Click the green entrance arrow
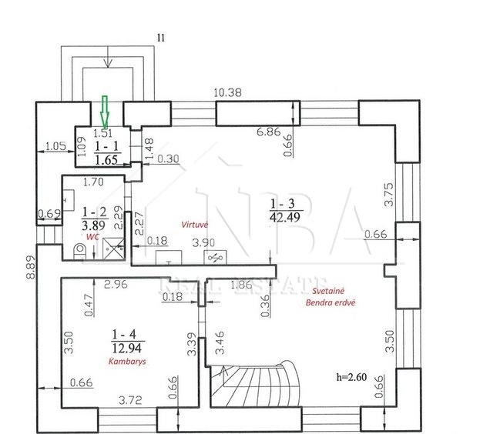(x=105, y=112)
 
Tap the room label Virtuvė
(x=195, y=225)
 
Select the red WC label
(x=92, y=237)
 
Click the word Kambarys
(x=127, y=362)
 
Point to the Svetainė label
(x=328, y=291)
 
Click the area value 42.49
(x=285, y=217)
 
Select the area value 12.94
(x=126, y=348)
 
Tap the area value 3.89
(x=93, y=225)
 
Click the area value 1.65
(x=106, y=160)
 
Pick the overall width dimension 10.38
(x=228, y=93)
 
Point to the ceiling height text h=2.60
(x=351, y=377)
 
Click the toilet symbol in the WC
(x=79, y=252)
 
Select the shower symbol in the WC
(x=114, y=249)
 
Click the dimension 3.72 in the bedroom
(x=130, y=400)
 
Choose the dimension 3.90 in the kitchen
(x=203, y=242)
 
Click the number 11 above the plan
(x=161, y=38)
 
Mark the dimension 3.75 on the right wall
(x=389, y=194)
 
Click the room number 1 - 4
(x=124, y=335)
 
